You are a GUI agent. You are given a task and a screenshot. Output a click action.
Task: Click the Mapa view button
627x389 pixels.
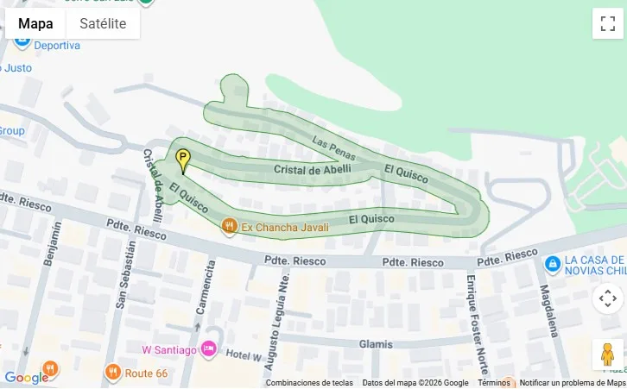point(35,23)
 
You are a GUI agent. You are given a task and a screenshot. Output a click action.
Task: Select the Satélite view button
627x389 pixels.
point(103,23)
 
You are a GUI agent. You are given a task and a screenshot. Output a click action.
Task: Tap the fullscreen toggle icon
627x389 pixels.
point(607,23)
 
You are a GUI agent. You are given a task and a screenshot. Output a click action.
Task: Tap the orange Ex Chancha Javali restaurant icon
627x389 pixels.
point(229,227)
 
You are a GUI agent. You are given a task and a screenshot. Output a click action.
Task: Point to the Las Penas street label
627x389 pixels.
point(333,148)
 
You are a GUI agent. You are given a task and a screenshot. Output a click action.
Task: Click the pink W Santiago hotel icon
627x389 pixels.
point(208,348)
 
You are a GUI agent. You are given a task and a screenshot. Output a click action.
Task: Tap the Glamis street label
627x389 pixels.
point(377,343)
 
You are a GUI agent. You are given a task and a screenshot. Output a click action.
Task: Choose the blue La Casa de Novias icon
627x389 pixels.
point(552,262)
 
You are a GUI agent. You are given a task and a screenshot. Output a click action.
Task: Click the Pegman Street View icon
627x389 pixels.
point(607,354)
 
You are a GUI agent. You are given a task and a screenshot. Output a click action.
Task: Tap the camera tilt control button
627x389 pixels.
point(607,298)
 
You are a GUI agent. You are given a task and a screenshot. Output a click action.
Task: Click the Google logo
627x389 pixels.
point(26,377)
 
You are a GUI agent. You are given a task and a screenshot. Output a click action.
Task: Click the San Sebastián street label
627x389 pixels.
point(127,274)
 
